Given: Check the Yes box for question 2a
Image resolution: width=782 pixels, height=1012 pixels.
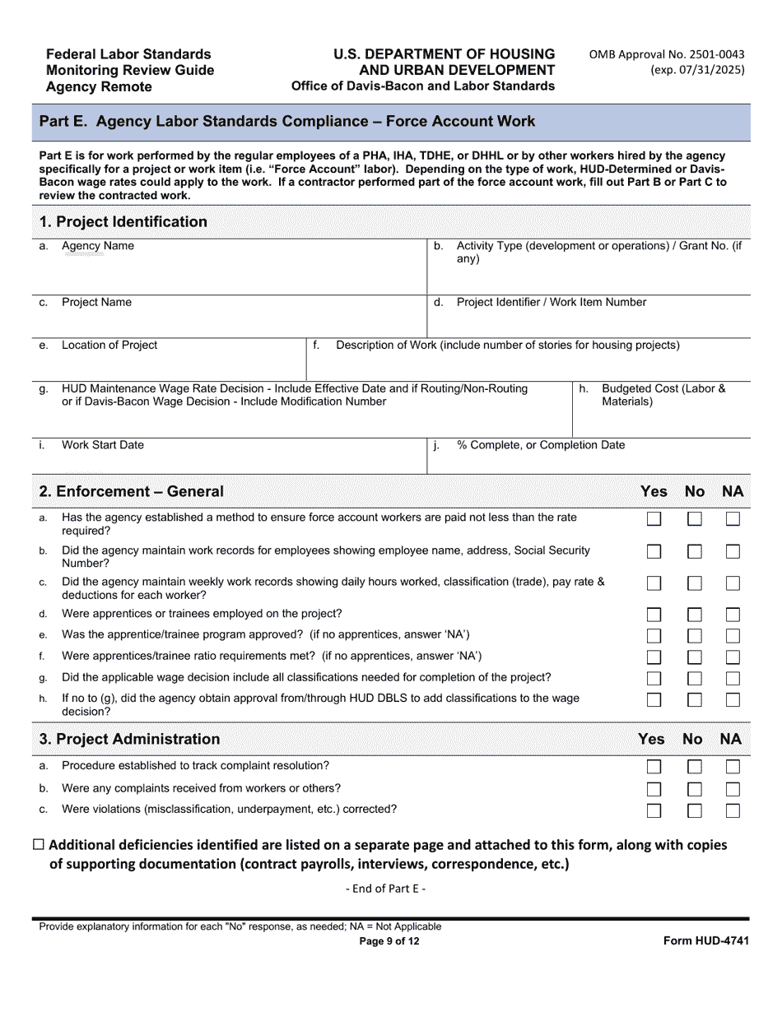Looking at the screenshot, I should pos(654,519).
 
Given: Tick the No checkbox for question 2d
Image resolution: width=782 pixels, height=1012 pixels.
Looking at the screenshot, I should pos(695,615).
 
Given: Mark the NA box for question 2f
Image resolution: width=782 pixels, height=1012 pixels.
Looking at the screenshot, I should pos(733,657).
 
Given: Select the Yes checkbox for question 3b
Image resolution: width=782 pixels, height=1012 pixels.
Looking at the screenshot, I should pos(654,789).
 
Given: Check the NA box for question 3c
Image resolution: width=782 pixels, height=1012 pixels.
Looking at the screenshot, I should pos(733,810).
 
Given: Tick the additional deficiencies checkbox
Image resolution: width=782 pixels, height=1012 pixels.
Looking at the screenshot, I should pos(40,845).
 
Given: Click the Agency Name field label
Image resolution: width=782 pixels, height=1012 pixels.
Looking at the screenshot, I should pos(97,246).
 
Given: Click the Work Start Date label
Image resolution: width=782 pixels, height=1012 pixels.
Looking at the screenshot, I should pos(102,445).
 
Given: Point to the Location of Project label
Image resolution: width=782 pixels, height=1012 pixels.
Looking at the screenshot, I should pos(109,346).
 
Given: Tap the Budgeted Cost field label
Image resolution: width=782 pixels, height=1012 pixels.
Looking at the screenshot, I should pos(663,395).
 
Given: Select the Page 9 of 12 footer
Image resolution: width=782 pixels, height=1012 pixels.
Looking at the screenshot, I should pos(389,942).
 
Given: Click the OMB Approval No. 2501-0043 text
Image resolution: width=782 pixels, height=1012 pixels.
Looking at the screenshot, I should pos(666,55).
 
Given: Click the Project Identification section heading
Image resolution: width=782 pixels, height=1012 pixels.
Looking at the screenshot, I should pos(123,222).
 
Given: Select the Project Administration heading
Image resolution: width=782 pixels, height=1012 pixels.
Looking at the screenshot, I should pos(129,739).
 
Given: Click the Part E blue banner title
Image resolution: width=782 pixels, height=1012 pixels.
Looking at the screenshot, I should pos(287,122).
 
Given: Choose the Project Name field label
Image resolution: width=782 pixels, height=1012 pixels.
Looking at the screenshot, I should pos(96,303).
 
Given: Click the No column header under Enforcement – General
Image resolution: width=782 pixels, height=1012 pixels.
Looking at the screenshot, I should pos(695,491).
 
